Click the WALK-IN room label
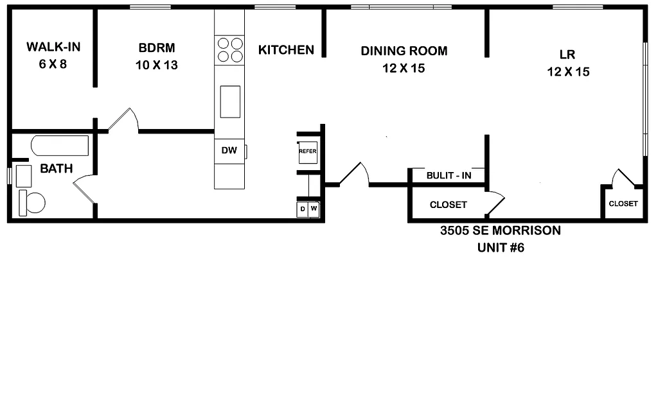(53, 47)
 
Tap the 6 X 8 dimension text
(53, 65)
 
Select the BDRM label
(156, 48)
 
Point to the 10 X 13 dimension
(156, 65)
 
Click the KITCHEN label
(286, 49)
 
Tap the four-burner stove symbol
(230, 49)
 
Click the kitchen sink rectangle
(230, 101)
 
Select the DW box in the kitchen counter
(229, 151)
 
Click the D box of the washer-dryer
(302, 209)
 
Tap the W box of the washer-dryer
(314, 209)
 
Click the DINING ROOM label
(404, 51)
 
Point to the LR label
(568, 55)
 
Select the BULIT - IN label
(449, 175)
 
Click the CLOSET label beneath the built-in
(448, 205)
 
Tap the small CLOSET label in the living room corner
(623, 204)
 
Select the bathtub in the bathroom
(60, 146)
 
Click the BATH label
(57, 169)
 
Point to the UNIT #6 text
(501, 248)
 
